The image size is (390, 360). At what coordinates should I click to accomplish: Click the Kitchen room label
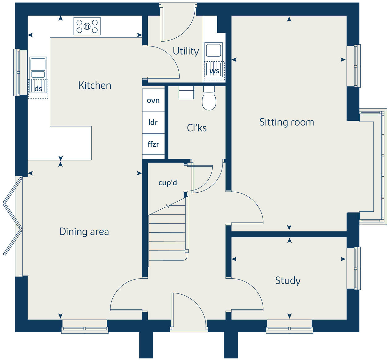click(x=95, y=85)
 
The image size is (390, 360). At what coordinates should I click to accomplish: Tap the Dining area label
click(x=84, y=231)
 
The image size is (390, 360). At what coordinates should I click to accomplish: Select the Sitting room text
click(x=287, y=122)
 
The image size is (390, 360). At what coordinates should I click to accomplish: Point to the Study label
click(x=288, y=280)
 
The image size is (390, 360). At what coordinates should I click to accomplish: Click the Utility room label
click(x=186, y=51)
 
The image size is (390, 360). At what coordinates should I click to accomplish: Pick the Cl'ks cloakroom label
click(x=197, y=128)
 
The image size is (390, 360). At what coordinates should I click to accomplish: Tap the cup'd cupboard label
click(x=168, y=183)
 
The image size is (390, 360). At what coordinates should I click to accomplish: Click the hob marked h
click(x=87, y=26)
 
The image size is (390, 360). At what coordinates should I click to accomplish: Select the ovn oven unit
click(x=153, y=100)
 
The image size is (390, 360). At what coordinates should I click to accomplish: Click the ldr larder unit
click(x=153, y=122)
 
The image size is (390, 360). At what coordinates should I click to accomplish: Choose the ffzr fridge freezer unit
click(x=153, y=144)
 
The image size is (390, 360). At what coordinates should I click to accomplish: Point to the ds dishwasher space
click(x=38, y=89)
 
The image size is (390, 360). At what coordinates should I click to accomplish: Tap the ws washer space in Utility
click(x=214, y=71)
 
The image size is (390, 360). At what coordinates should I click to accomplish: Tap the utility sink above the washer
click(x=213, y=50)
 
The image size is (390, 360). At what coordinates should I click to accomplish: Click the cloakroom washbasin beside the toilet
click(x=186, y=92)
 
